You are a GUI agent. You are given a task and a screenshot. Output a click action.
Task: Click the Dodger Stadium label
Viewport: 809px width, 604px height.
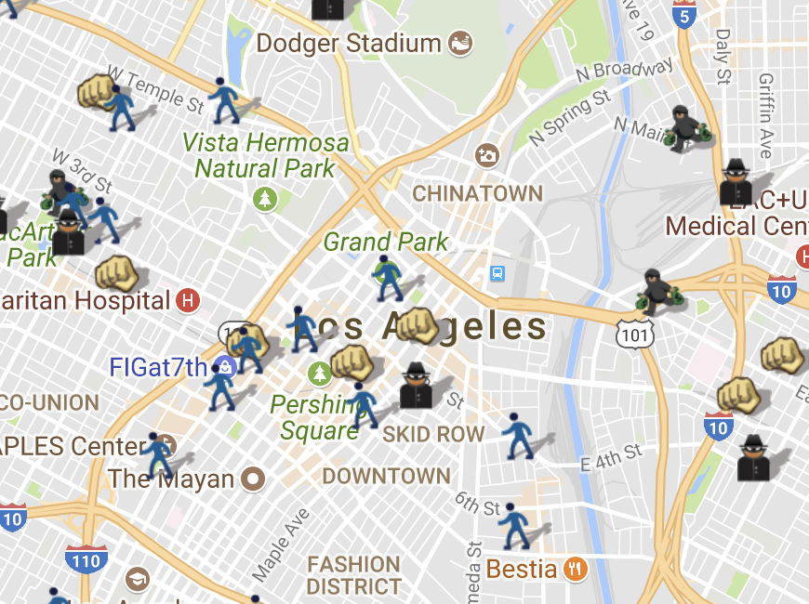tap(349, 43)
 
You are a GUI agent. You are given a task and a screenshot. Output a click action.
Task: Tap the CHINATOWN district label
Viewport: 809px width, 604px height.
tap(477, 193)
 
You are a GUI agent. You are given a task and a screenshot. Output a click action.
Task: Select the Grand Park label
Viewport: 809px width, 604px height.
tap(386, 243)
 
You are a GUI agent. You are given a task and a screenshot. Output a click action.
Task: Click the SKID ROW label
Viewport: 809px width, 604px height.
tap(433, 434)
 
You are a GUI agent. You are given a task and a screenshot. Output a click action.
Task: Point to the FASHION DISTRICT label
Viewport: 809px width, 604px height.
tap(353, 575)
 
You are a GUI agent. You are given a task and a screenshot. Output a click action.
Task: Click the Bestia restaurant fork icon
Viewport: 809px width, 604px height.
tap(576, 569)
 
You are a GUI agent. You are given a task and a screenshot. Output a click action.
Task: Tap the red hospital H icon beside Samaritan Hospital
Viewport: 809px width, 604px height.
tap(188, 300)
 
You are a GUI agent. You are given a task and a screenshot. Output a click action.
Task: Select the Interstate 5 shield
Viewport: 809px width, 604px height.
tap(685, 15)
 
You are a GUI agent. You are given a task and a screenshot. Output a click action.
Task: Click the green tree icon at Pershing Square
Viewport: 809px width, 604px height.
tap(320, 374)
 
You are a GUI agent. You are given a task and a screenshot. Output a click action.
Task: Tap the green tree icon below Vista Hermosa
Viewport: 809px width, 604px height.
tap(266, 198)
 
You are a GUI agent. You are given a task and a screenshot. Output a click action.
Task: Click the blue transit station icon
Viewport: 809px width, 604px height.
tap(498, 274)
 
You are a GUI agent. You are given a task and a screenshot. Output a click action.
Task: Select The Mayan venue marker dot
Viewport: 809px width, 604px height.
tap(253, 479)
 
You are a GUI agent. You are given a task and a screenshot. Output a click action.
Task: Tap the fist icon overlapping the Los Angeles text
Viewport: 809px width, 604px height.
tap(418, 325)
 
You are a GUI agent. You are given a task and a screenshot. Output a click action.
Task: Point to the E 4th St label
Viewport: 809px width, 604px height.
tap(611, 456)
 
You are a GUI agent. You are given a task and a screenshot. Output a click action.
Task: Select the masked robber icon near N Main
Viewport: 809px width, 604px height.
tap(685, 128)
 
